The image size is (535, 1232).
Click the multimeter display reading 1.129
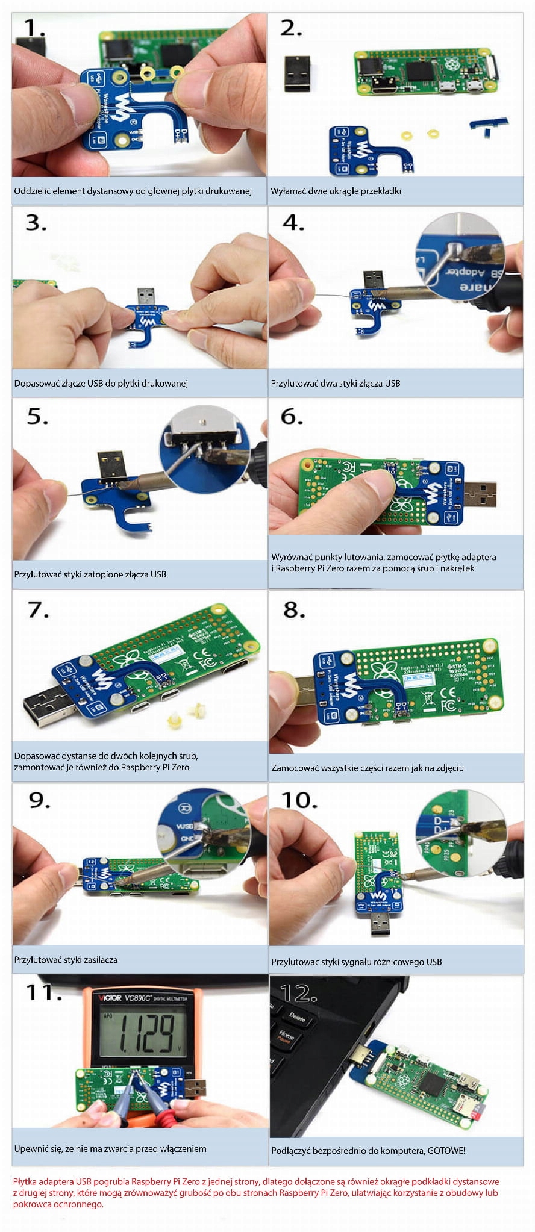pyautogui.click(x=145, y=1033)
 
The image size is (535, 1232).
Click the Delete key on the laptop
pyautogui.click(x=297, y=1017)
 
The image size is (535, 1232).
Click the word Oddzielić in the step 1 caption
pyautogui.click(x=32, y=191)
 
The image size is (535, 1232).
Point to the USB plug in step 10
pyautogui.click(x=378, y=922)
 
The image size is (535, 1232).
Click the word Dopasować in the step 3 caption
pyautogui.click(x=35, y=384)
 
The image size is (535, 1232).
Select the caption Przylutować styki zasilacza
pyautogui.click(x=66, y=960)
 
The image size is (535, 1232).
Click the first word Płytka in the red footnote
pyautogui.click(x=25, y=1181)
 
